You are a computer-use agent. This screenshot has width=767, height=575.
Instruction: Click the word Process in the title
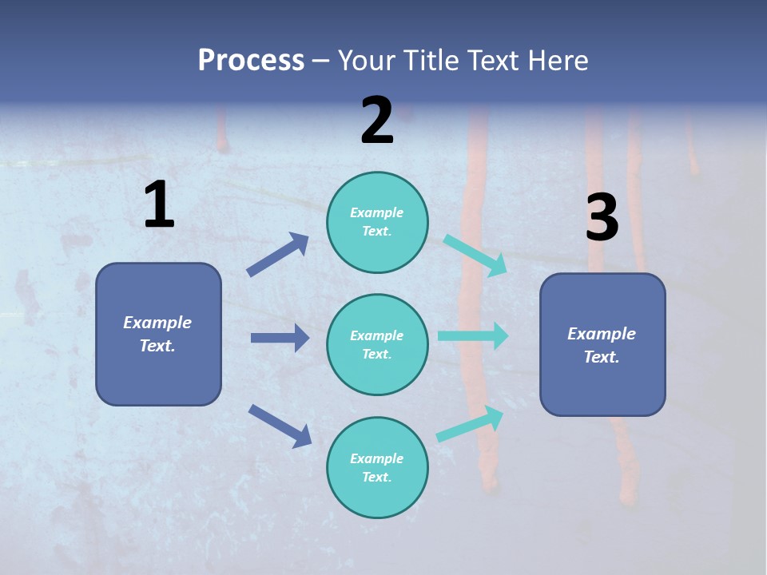tap(251, 60)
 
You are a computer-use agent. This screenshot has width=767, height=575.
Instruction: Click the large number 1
tap(159, 205)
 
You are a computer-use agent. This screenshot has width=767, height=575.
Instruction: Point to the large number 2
tap(377, 121)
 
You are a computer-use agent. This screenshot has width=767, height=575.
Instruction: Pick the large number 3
tap(602, 218)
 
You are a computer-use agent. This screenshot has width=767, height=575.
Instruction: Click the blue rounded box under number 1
tap(158, 334)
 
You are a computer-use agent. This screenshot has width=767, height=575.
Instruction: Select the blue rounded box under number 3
tap(602, 344)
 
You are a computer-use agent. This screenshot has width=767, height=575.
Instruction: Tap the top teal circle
tap(377, 222)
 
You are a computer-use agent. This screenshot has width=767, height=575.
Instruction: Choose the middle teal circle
tap(377, 344)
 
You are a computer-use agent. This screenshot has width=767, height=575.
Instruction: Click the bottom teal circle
tap(377, 467)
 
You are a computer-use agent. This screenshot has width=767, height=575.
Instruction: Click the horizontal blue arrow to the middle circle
tap(280, 338)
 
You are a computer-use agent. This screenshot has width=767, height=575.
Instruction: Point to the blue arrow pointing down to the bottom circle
tap(280, 426)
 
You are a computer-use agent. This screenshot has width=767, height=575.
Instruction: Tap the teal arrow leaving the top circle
tap(475, 256)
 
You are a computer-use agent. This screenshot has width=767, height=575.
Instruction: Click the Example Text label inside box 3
tap(602, 345)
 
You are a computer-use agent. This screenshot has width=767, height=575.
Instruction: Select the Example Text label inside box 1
tap(157, 334)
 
